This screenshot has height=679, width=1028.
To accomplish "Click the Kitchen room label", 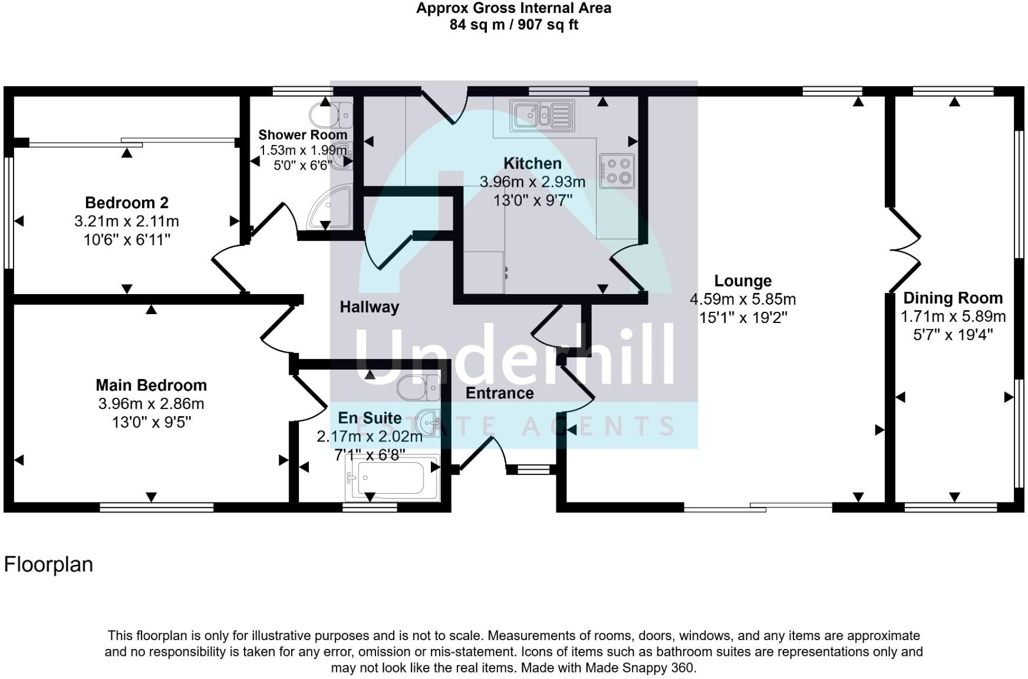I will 532,163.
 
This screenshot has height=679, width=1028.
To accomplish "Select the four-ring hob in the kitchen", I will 617,171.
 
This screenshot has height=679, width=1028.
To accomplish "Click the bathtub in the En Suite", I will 392,478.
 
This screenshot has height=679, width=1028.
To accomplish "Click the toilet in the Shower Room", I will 337,114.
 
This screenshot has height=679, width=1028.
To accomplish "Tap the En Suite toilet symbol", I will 418,388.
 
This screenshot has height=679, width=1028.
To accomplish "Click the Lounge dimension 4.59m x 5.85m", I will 743,299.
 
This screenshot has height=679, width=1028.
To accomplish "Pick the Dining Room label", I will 953,298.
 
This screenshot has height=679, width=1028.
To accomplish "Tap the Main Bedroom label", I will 151,385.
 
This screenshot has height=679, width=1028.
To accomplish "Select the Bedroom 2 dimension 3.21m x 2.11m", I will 127,222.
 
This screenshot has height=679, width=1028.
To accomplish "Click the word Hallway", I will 370,307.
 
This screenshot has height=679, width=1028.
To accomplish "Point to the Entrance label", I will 500,393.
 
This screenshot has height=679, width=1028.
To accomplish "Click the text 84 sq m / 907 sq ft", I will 514,25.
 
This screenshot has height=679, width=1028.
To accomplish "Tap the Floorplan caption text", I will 48,565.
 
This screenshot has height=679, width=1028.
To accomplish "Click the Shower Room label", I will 302,135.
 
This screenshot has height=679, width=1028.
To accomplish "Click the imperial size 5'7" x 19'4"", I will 953,335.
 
